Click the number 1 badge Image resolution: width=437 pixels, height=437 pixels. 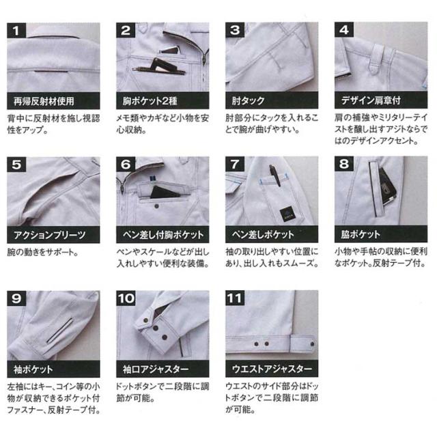click(x=16, y=30)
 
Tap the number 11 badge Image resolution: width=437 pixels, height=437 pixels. click(x=235, y=298)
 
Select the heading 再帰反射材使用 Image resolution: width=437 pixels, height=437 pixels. click(x=44, y=101)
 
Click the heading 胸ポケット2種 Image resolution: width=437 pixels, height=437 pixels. click(x=150, y=100)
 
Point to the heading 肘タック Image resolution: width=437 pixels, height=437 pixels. click(x=249, y=100)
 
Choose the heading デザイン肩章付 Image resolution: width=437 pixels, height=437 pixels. click(x=371, y=100)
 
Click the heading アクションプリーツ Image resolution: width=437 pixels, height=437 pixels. click(x=50, y=235)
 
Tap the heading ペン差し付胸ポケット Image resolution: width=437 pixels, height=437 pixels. click(x=163, y=235)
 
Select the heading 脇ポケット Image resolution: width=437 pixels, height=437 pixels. click(x=361, y=234)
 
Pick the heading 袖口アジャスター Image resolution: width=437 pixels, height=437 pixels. click(x=156, y=369)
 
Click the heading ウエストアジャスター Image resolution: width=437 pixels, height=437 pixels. click(x=272, y=369)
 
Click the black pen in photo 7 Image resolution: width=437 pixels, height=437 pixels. click(x=274, y=175)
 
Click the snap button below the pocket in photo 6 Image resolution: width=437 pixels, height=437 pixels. click(x=156, y=206)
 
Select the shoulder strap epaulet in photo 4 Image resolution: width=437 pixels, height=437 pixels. click(x=377, y=59)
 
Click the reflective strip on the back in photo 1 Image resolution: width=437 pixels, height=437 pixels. click(x=51, y=72)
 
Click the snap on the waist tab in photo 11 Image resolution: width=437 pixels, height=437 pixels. click(x=312, y=344)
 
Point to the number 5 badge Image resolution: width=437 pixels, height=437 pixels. click(x=16, y=165)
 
